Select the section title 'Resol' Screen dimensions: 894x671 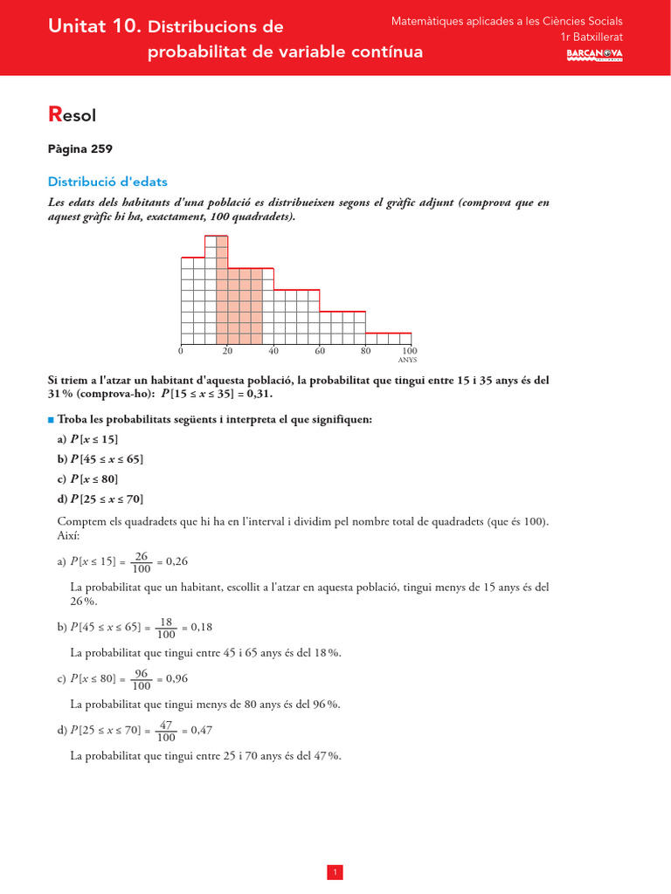click(x=72, y=113)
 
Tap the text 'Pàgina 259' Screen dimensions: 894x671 click(x=80, y=149)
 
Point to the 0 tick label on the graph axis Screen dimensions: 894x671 click(x=181, y=351)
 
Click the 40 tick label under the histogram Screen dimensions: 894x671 click(x=273, y=351)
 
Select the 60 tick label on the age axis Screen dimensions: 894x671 click(x=320, y=351)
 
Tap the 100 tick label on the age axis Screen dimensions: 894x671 click(x=410, y=351)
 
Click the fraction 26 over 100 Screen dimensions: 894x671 click(x=142, y=561)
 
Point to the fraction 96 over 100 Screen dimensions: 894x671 click(x=142, y=678)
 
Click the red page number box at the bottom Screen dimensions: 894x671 click(x=335, y=848)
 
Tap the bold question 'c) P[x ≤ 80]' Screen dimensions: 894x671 click(x=87, y=479)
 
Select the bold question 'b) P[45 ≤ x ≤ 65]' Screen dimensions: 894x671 click(x=100, y=459)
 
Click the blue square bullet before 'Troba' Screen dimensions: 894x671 click(x=51, y=420)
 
